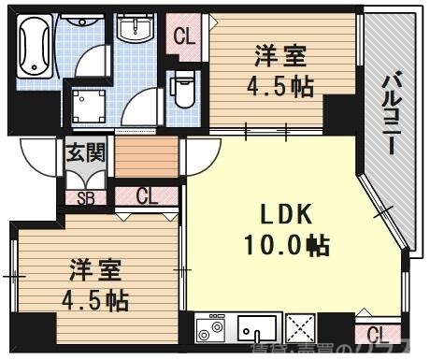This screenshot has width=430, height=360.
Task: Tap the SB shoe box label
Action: pyautogui.click(x=85, y=197)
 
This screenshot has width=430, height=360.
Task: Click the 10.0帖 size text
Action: pyautogui.click(x=286, y=246)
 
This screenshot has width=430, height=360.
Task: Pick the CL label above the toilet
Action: pyautogui.click(x=184, y=38)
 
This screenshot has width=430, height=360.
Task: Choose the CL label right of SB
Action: pyautogui.click(x=147, y=196)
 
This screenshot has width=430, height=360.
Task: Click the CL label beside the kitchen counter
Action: pyautogui.click(x=378, y=335)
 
